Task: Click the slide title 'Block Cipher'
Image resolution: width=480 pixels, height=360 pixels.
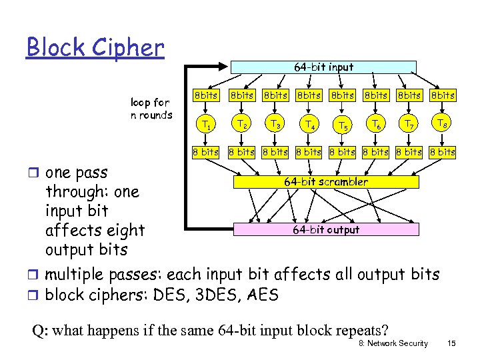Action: (95, 47)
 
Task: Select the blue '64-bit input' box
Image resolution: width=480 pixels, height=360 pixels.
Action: (323, 67)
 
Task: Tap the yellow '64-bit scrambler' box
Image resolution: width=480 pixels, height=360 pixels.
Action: (325, 181)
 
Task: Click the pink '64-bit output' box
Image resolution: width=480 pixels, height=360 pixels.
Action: (326, 229)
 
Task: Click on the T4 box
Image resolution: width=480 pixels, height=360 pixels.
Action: (308, 123)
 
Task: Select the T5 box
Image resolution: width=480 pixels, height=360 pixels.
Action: (343, 124)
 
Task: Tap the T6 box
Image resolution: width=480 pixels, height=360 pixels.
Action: (376, 123)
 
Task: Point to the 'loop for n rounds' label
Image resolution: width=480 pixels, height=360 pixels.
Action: (151, 108)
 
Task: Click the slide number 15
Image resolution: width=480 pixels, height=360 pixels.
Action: (451, 343)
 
